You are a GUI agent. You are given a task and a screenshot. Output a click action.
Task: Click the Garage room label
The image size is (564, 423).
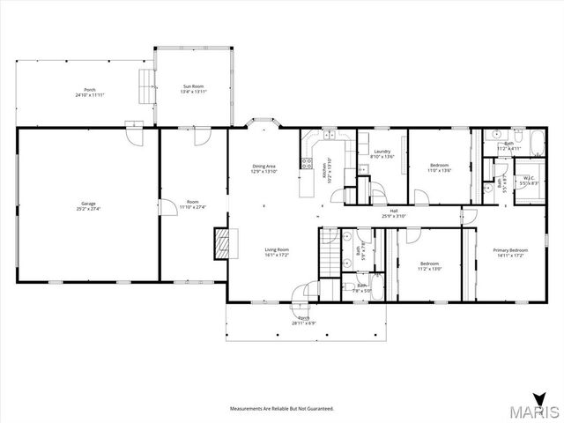[88, 205]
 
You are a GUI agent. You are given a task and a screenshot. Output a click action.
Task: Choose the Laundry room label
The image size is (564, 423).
[382, 152]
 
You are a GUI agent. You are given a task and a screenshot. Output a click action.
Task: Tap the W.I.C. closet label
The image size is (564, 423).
[529, 179]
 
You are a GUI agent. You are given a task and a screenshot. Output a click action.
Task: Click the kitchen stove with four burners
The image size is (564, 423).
[307, 162]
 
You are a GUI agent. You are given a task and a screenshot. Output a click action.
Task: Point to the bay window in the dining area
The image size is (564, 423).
[263, 123]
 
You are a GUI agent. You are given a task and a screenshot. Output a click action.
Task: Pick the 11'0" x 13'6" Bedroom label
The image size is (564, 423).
[439, 167]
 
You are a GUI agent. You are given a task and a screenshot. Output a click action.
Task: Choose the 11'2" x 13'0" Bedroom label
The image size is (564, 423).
[429, 265]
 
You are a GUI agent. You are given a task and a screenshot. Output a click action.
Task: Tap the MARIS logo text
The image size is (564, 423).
[538, 412]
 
